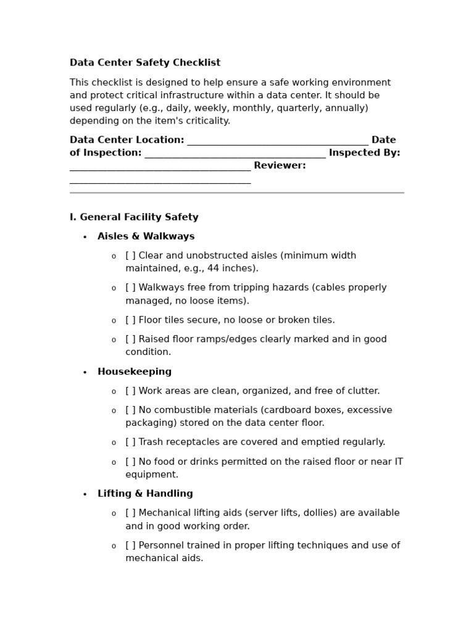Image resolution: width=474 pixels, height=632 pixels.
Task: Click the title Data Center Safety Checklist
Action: pos(145,63)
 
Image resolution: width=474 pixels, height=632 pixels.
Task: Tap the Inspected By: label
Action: pos(364,153)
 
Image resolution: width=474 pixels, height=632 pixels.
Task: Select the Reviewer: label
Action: pos(280,166)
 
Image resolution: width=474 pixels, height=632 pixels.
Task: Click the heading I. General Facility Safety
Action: pos(134,217)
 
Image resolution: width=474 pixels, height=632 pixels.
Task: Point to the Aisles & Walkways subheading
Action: pos(146,236)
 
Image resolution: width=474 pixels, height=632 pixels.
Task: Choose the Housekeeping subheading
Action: pos(135,372)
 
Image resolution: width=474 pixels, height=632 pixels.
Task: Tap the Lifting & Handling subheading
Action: pos(145,494)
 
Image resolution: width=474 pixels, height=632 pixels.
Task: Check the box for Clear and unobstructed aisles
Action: pos(130,256)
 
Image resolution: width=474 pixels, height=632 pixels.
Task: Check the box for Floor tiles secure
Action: pos(130,320)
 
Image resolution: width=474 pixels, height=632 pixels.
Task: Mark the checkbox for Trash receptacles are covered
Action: pos(130,442)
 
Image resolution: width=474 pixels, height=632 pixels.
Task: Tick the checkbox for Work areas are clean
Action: pos(130,391)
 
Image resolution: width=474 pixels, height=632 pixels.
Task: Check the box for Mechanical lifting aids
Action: pos(130,513)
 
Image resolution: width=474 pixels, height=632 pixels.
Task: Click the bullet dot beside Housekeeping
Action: pos(85,372)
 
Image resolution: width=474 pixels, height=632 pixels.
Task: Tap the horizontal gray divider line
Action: pos(237,193)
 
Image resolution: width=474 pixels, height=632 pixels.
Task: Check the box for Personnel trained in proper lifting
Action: pos(130,546)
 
